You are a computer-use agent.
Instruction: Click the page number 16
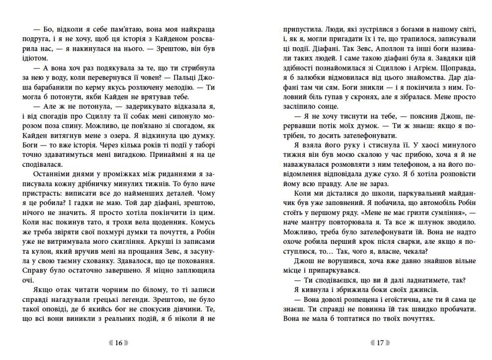pyautogui.click(x=118, y=343)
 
